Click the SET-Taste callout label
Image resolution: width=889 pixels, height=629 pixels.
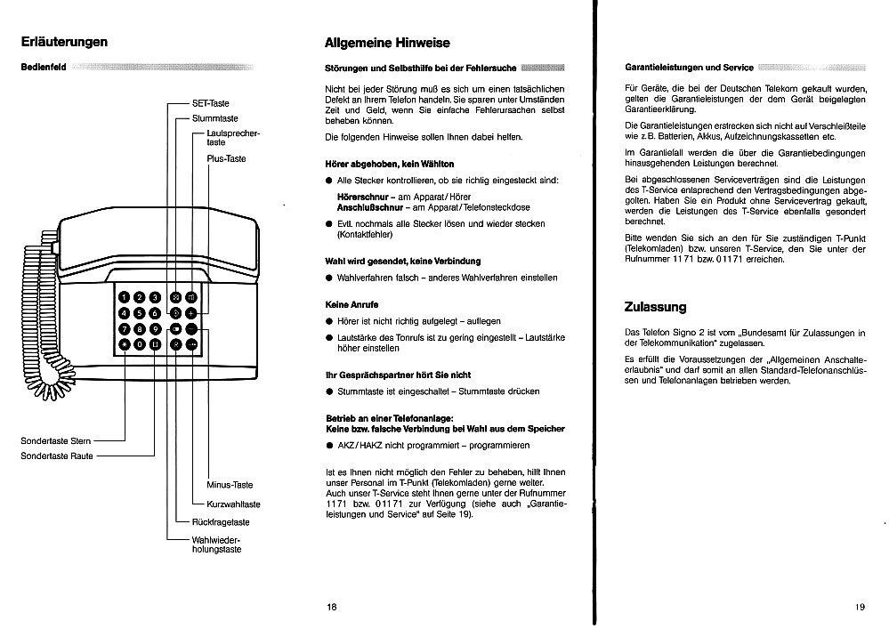point(211,103)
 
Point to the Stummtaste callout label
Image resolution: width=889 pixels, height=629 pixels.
point(216,117)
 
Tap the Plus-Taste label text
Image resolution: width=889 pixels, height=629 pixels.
point(226,158)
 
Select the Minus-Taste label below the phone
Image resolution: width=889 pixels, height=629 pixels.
point(230,485)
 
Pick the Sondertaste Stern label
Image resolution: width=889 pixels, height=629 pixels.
point(56,440)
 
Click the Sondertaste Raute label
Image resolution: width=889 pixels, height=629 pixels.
point(58,456)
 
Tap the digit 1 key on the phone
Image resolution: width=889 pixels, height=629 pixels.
point(125,297)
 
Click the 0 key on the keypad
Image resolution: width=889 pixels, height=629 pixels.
point(141,344)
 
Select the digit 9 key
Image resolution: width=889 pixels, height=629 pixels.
point(156,328)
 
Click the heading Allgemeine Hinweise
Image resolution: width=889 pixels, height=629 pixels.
point(387,43)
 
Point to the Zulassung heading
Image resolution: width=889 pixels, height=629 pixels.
point(656,307)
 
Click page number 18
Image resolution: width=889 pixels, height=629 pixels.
point(332,608)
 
